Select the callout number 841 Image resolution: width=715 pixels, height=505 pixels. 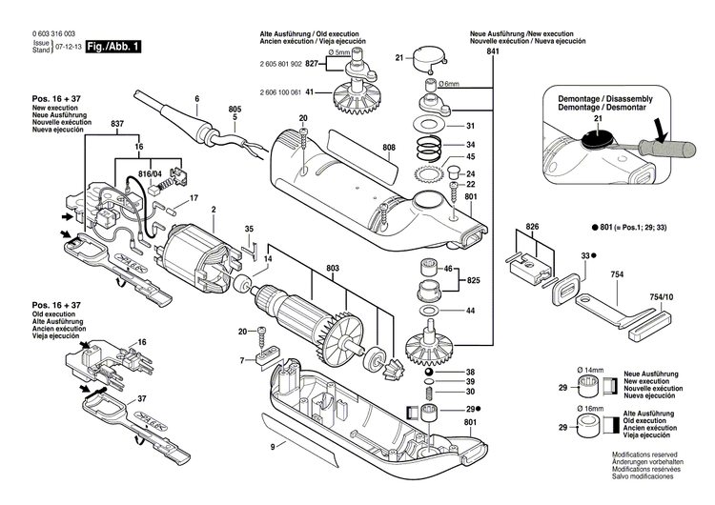click(x=492, y=53)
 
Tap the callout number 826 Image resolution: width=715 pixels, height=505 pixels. click(x=532, y=228)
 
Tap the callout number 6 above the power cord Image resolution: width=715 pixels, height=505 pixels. click(x=196, y=99)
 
